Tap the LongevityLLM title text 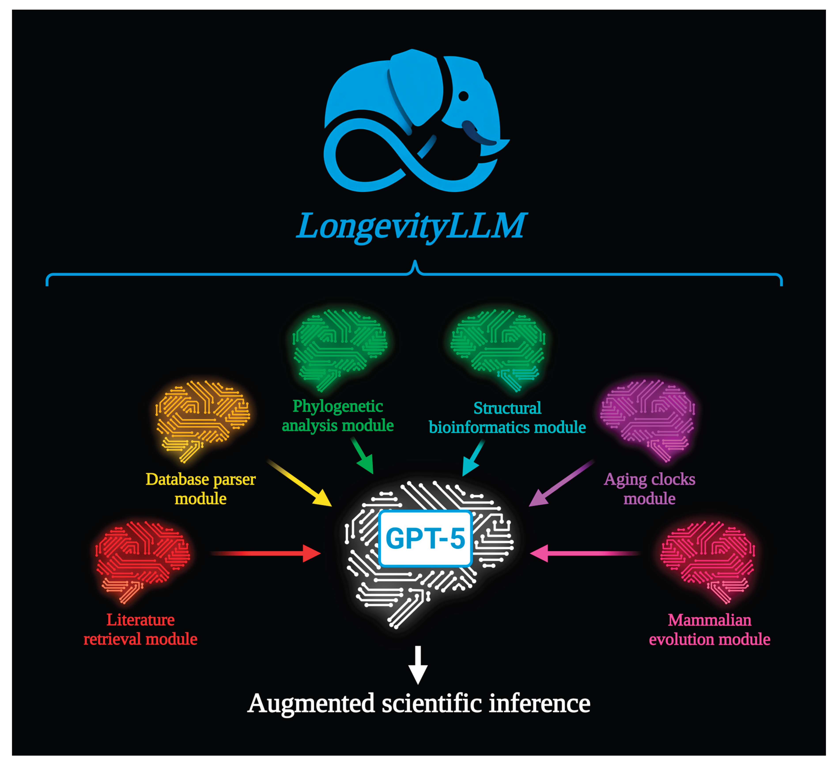click(411, 226)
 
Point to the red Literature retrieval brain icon click(142, 560)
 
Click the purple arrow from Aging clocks click(561, 484)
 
